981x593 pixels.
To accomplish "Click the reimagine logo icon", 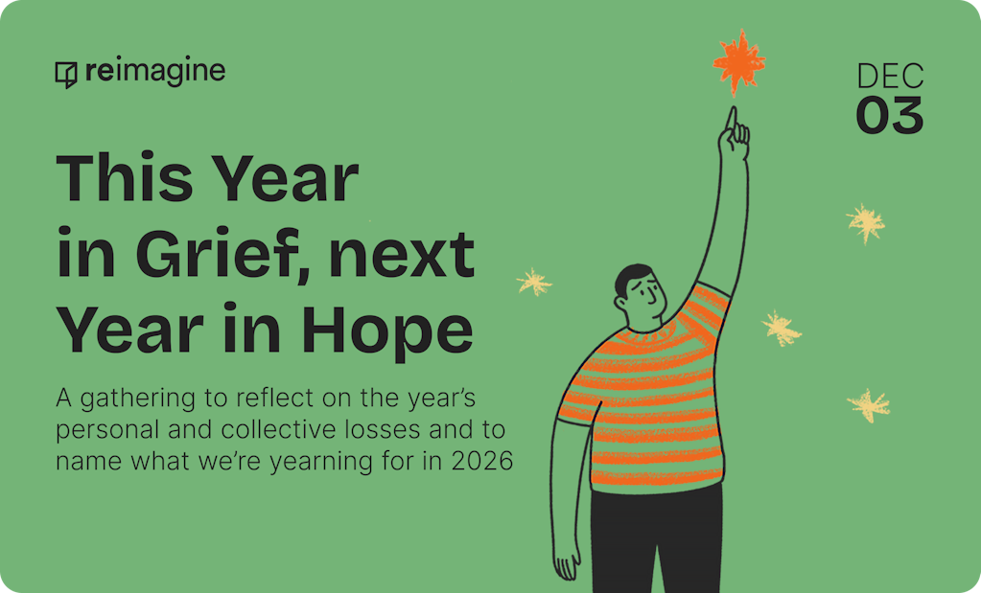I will point(66,74).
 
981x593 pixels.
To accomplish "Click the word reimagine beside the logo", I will point(154,71).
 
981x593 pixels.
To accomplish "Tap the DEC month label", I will point(890,77).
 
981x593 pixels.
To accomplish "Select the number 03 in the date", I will point(889,115).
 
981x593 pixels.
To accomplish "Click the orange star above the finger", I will point(739,61).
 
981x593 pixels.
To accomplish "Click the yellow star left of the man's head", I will point(534,282).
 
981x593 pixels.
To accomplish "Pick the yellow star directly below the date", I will point(866,222).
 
